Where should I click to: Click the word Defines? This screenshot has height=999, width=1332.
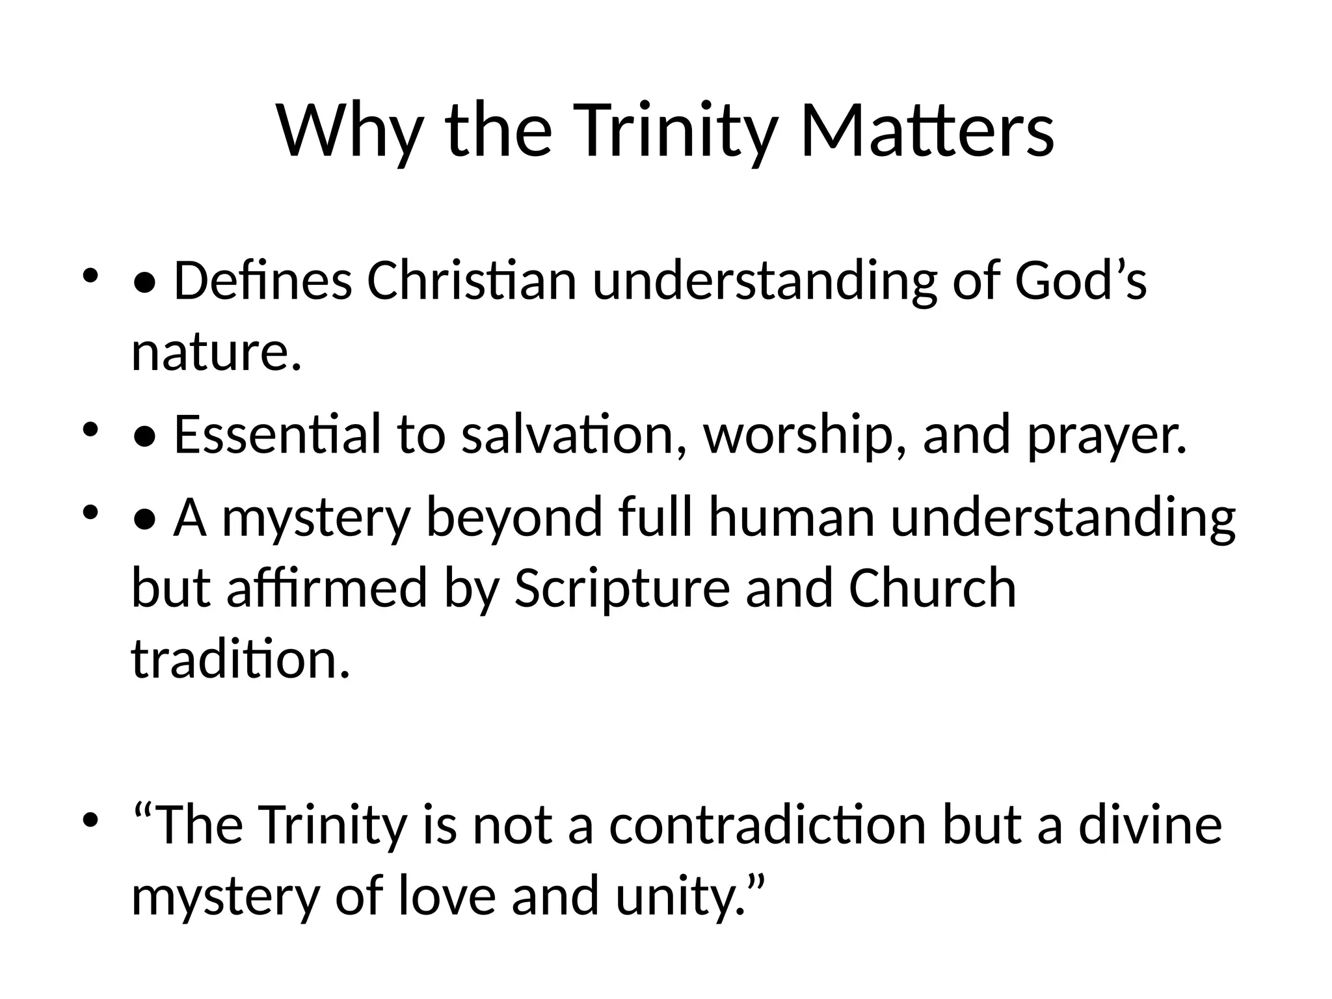[263, 281]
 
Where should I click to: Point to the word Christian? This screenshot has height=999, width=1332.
[472, 281]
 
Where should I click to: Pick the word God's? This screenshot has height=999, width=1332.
[1080, 281]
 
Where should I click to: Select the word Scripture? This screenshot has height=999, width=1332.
[622, 588]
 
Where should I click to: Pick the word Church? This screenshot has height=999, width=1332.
[932, 588]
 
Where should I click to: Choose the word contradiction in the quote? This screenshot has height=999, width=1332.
[767, 825]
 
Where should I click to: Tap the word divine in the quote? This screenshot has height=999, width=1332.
[1151, 825]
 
